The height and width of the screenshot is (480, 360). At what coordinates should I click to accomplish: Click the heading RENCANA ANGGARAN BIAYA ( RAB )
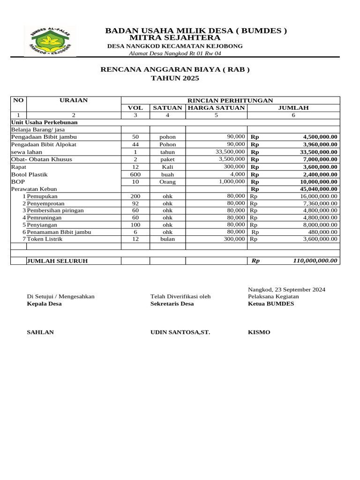point(175,70)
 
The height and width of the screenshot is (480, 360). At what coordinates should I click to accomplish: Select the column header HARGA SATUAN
point(216,108)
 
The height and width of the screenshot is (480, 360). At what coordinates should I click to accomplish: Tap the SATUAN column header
point(167,108)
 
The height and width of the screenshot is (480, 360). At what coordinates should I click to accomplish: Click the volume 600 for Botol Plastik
point(135,174)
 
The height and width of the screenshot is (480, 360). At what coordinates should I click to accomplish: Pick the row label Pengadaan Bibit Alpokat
point(47,144)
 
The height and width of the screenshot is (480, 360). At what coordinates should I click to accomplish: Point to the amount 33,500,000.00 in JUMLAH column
point(314,152)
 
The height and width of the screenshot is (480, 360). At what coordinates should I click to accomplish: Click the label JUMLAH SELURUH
point(57,261)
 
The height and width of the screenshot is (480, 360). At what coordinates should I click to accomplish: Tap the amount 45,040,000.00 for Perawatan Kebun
point(314,189)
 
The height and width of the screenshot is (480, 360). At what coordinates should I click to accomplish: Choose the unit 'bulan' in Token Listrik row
point(167,239)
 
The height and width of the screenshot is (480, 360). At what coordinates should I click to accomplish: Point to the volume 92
point(135,203)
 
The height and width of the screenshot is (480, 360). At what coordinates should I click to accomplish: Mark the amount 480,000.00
point(322,232)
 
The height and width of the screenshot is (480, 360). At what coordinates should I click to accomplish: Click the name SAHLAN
point(40,332)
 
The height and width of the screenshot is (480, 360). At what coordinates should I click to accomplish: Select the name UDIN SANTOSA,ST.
point(180,332)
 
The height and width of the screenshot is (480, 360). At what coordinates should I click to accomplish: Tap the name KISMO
point(259,332)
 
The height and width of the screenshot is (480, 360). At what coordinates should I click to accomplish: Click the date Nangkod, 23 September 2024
point(286,290)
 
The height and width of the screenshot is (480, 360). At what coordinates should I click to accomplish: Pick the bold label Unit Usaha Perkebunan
point(45,122)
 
